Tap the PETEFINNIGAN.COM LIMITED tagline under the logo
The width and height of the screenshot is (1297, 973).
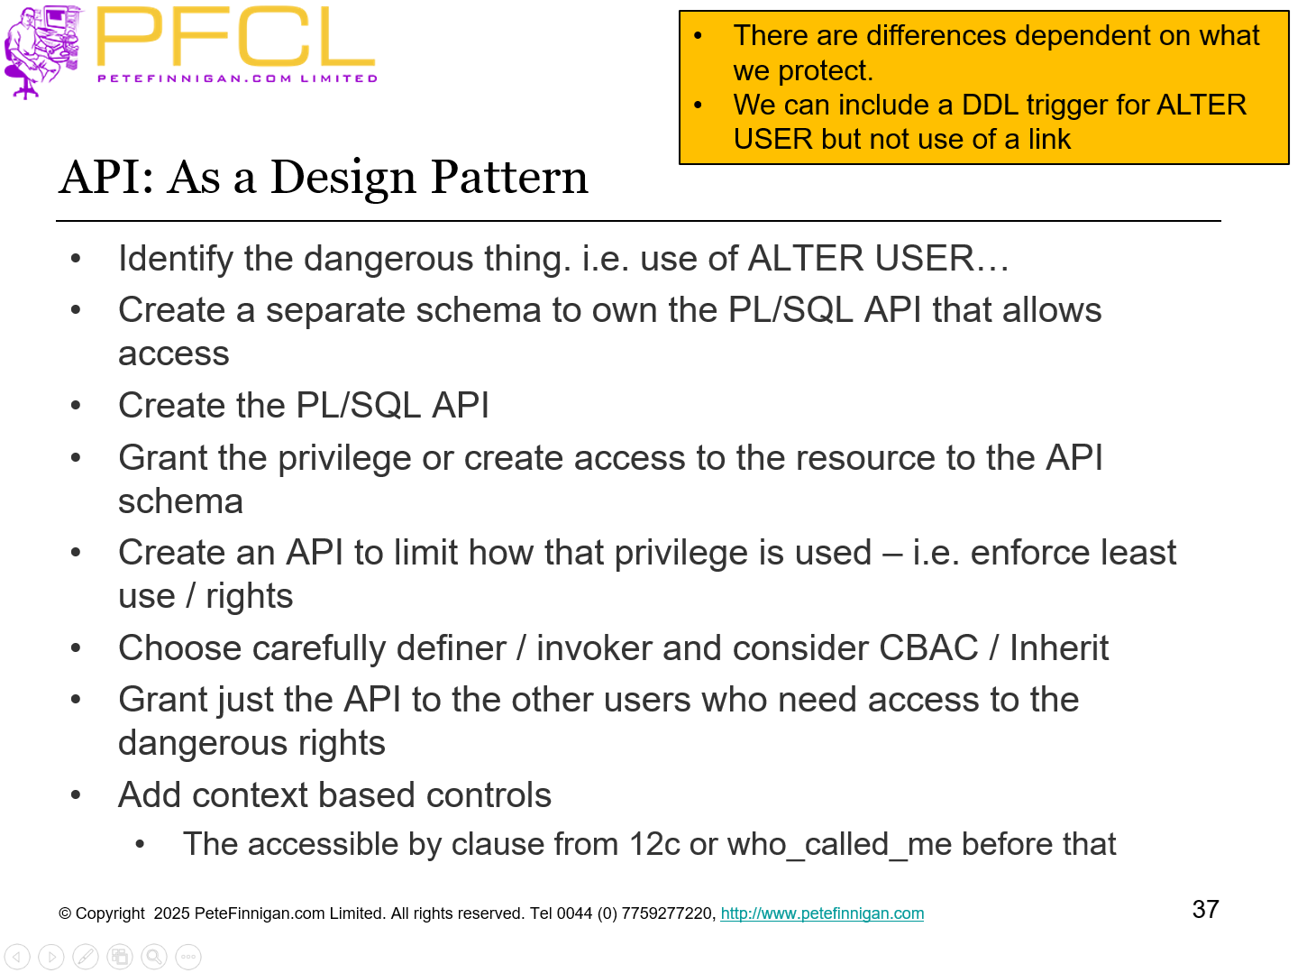237,78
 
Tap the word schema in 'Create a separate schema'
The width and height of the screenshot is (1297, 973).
493,310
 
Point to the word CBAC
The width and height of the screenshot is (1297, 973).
928,648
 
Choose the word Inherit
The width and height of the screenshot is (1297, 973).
1058,648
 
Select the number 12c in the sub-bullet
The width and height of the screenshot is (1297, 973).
654,845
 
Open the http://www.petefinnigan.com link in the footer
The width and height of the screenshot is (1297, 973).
822,913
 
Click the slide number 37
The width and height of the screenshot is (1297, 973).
1205,909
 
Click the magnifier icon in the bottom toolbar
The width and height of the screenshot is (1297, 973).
154,957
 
